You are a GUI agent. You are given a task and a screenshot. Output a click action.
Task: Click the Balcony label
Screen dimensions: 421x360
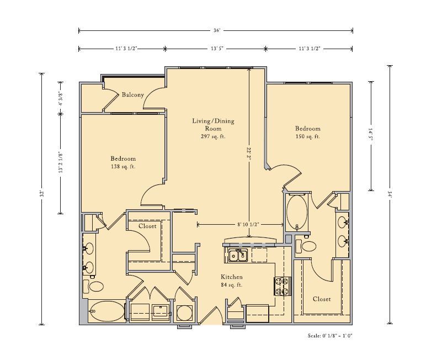coord(133,94)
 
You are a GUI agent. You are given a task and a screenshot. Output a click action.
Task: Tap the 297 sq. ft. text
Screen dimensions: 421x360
coord(213,136)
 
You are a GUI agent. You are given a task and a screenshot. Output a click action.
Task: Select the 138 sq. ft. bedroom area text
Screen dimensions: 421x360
coord(123,166)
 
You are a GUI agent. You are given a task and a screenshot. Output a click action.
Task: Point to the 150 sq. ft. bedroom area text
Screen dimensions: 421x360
coord(308,136)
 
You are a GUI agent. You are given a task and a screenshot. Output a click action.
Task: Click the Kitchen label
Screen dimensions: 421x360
coord(232,277)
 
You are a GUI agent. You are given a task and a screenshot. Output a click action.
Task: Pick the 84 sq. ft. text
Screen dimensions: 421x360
coord(232,284)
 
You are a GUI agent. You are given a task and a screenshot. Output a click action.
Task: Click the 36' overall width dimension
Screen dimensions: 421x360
coord(217,30)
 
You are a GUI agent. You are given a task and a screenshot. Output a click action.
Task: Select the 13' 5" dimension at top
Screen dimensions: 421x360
coord(217,49)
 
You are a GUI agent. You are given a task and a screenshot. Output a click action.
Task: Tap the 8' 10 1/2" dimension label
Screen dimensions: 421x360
coord(248,224)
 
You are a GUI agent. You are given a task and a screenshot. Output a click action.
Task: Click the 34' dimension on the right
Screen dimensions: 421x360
coord(390,194)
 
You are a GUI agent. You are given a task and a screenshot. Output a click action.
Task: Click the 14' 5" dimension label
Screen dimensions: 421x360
coord(371,136)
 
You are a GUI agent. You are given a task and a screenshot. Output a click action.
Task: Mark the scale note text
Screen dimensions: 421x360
coord(330,336)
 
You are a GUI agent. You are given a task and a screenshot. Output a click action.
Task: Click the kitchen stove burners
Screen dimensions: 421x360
coord(283,286)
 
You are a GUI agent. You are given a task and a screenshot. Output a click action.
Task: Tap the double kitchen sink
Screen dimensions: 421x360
coord(238,255)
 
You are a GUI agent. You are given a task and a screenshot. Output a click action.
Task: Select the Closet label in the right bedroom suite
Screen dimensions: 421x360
coord(322,299)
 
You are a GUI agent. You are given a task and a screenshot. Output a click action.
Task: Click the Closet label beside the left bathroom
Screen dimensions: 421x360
coord(147,226)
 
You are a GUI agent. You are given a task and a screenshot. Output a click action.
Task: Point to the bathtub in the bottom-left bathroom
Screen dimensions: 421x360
coord(107,311)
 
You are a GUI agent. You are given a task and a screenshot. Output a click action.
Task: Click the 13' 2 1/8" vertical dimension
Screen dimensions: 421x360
coord(61,162)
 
